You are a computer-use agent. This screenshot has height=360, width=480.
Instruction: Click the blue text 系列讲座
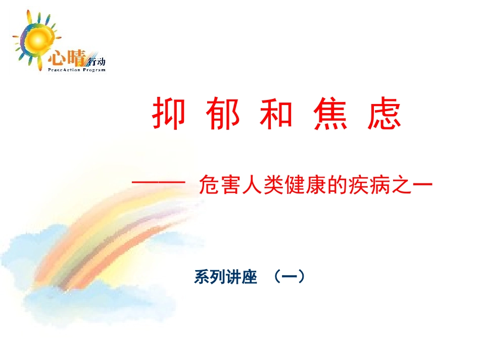(x=225, y=277)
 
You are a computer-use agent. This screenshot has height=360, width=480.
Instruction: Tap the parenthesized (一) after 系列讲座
(x=288, y=277)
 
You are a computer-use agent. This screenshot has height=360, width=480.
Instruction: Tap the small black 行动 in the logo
(x=96, y=62)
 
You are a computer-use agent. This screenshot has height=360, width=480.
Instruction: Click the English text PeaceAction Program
(x=77, y=70)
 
